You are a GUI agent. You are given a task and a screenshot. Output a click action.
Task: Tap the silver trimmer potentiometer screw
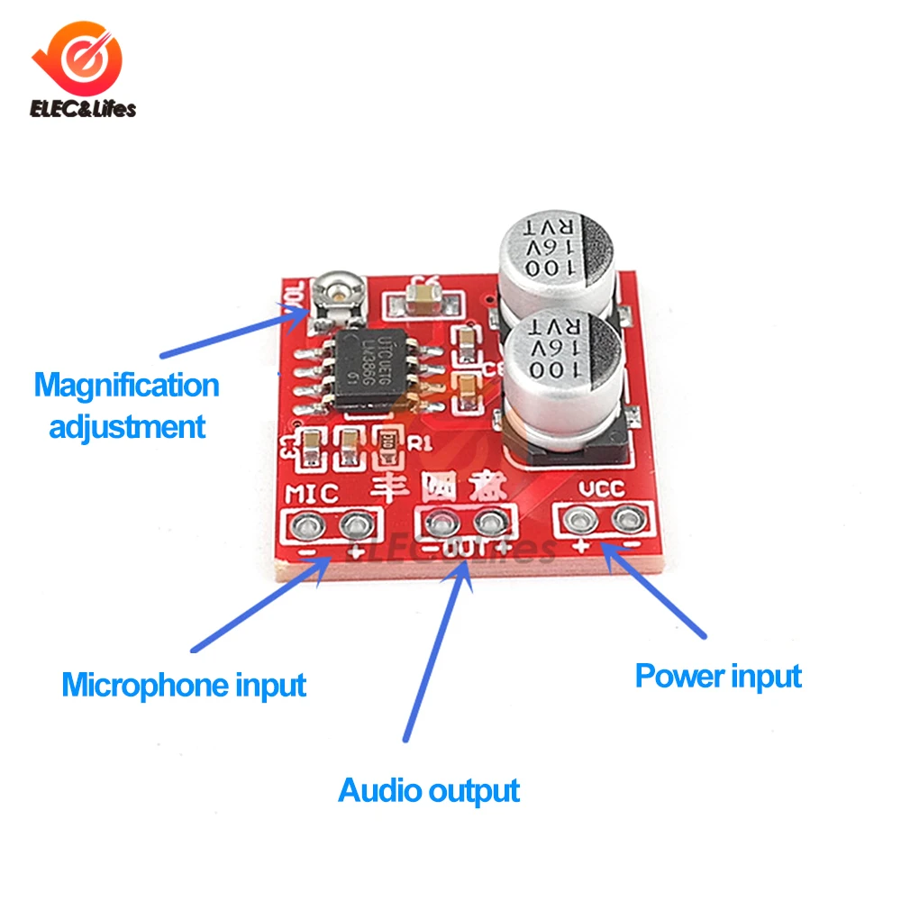point(337,290)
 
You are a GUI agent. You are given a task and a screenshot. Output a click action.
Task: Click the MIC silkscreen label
point(312,493)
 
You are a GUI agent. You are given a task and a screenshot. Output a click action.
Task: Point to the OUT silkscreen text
point(465,550)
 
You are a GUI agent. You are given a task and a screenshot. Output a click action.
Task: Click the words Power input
point(718,676)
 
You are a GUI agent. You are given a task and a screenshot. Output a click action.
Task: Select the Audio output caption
point(429,791)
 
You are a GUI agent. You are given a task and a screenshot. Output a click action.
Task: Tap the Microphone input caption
point(184,686)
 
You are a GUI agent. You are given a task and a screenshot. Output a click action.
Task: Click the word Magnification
point(127,386)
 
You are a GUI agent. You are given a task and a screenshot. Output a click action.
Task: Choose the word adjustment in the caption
point(127,425)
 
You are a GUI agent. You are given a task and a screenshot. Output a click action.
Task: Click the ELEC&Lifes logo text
point(83,109)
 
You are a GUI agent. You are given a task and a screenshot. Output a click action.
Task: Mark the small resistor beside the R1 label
point(389,441)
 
